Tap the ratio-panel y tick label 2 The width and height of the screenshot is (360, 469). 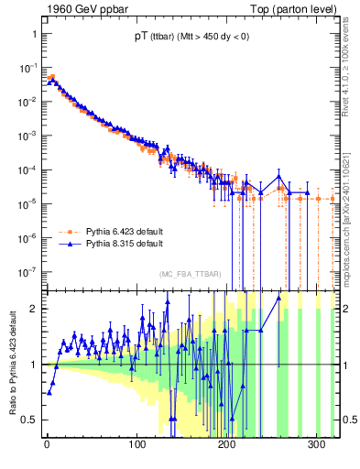[x=29, y=308]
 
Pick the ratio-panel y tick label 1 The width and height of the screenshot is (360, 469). [x=29, y=364]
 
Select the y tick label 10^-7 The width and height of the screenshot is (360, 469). [x=25, y=271]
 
